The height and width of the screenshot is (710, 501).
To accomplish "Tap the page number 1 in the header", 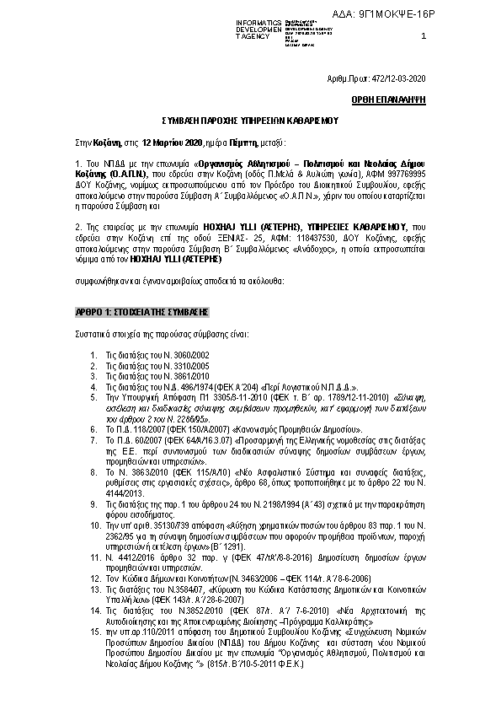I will (x=423, y=36).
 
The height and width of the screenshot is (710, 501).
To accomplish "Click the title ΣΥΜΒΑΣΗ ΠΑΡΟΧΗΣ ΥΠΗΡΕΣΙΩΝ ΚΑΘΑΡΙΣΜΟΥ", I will (x=251, y=121).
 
